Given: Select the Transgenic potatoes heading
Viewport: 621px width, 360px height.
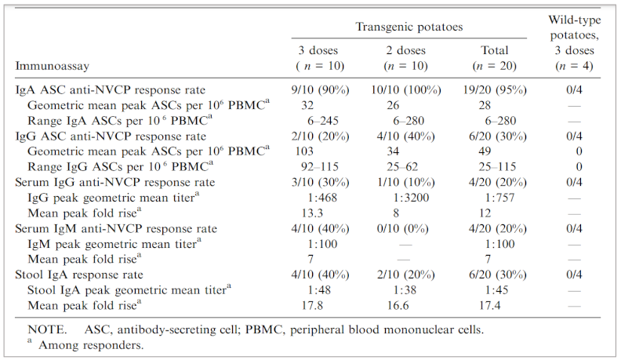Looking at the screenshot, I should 409,27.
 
